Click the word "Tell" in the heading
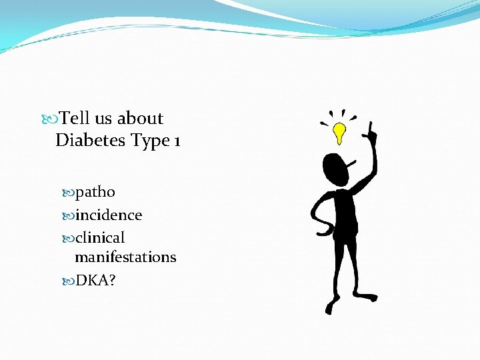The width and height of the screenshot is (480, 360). point(74,119)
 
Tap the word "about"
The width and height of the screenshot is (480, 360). point(140,119)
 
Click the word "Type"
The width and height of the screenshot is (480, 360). point(149,141)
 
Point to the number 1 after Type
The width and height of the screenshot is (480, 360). point(176,141)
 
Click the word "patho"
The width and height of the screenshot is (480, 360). point(95,193)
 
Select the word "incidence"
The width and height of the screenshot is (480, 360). point(108,215)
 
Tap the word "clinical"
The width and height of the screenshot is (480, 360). point(100,237)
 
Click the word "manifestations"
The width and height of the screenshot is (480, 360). point(125,257)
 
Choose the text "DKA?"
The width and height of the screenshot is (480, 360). point(95,280)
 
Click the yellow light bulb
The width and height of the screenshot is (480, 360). point(340,131)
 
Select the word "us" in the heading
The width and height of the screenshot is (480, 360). point(103,119)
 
